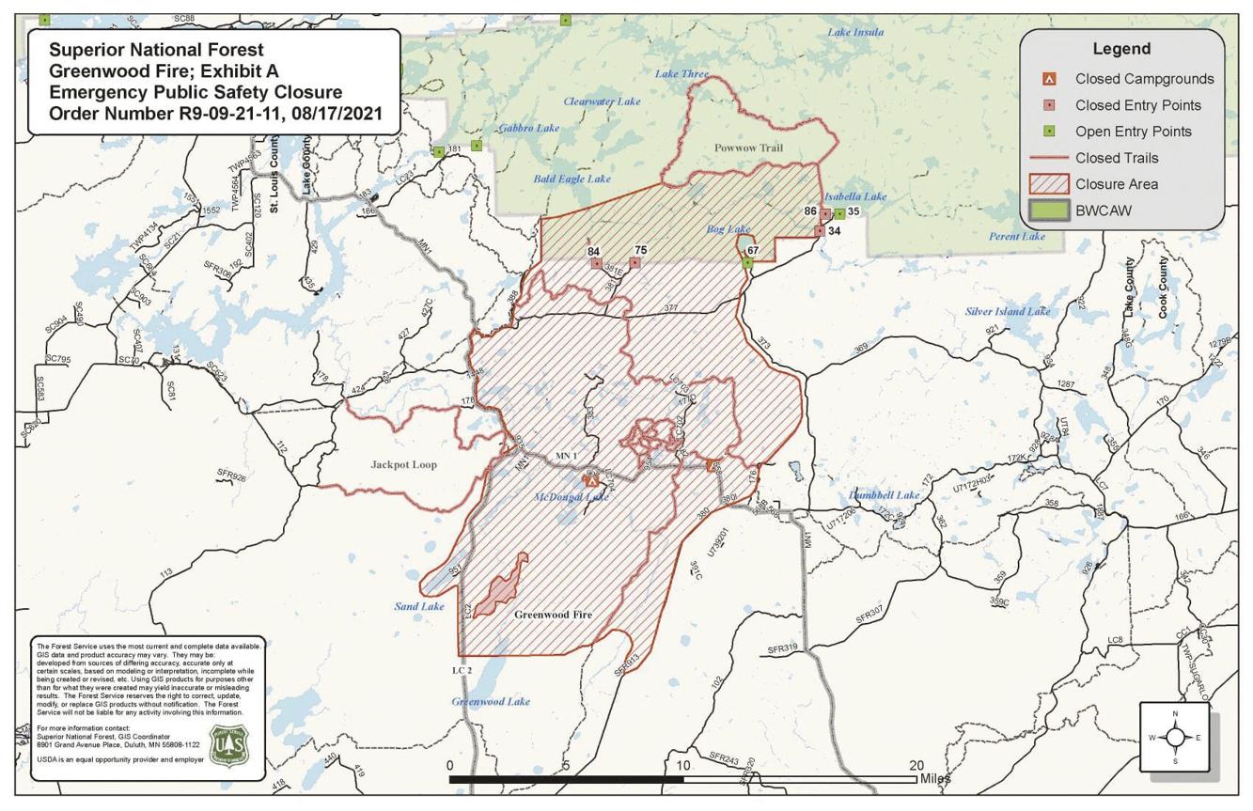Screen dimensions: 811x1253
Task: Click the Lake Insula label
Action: pos(854,33)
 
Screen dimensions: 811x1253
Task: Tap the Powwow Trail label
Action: pos(747,148)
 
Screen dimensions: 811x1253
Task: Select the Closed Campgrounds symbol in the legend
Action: pos(1052,79)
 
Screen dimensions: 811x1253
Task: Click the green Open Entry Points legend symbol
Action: pos(1052,132)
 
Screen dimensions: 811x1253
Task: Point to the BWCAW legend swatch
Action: pos(1052,211)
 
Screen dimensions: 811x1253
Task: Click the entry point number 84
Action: pos(593,251)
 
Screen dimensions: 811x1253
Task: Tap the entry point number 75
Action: pos(641,250)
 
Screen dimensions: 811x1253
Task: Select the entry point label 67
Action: pos(752,251)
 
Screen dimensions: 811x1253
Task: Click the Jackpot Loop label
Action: pos(403,464)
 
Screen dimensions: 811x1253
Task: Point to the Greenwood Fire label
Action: pos(554,615)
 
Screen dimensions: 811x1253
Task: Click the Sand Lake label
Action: pos(419,606)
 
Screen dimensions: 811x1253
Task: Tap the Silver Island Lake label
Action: pos(1008,311)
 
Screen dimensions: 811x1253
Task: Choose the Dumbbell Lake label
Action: pos(884,495)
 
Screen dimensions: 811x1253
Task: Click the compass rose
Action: pos(1175,737)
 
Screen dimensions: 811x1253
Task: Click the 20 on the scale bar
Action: pos(916,765)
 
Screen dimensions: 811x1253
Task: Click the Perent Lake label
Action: pos(1016,237)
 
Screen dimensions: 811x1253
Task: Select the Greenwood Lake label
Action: pos(491,702)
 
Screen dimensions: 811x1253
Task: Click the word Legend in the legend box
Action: pos(1120,49)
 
